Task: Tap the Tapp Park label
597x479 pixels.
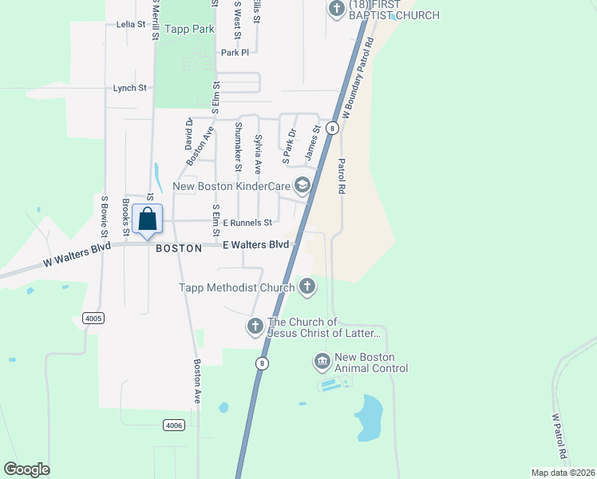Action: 190,30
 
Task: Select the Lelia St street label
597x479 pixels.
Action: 131,25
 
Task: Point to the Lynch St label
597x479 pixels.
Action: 130,88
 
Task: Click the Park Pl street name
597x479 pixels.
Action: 235,53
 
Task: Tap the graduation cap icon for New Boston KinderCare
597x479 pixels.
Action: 302,186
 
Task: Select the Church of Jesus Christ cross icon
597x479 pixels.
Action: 255,326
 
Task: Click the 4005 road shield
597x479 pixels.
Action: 93,318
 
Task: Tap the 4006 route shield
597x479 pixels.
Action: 173,425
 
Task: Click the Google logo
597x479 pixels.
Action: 26,469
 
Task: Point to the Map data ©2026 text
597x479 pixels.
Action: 563,473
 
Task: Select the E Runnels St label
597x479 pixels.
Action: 247,223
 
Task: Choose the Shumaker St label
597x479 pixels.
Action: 238,146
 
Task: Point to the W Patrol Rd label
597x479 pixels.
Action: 561,436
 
